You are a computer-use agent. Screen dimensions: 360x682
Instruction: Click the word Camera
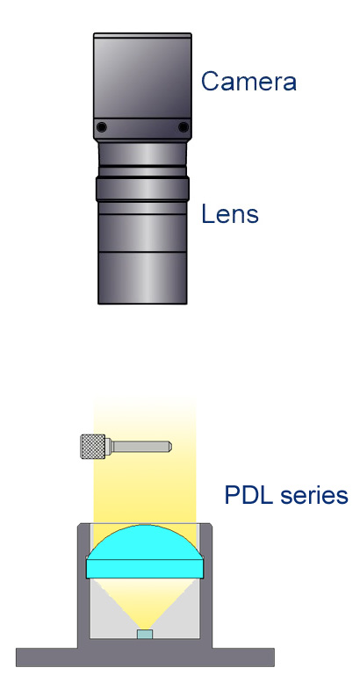pyautogui.click(x=248, y=81)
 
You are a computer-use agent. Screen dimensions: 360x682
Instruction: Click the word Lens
pyautogui.click(x=230, y=213)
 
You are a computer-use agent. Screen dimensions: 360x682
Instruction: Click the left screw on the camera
pyautogui.click(x=102, y=127)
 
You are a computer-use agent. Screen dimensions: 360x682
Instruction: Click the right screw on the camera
pyautogui.click(x=184, y=127)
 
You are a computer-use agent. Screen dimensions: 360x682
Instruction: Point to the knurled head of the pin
pyautogui.click(x=93, y=446)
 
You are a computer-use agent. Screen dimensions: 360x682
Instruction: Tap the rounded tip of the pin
pyautogui.click(x=169, y=446)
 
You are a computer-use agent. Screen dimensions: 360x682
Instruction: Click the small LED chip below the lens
pyautogui.click(x=145, y=634)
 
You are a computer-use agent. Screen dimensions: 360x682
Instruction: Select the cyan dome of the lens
pyautogui.click(x=145, y=542)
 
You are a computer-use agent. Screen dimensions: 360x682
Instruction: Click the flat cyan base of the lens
pyautogui.click(x=145, y=569)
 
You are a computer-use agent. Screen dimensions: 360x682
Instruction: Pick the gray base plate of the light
pyautogui.click(x=145, y=657)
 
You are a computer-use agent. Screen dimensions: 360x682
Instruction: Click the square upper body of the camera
pyautogui.click(x=142, y=75)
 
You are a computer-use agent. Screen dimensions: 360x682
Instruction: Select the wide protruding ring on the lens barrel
pyautogui.click(x=142, y=189)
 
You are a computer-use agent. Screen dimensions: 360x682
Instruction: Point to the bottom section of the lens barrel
pyautogui.click(x=142, y=277)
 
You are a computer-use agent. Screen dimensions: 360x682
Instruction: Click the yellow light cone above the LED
pyautogui.click(x=145, y=603)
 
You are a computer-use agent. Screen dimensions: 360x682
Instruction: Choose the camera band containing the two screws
pyautogui.click(x=142, y=128)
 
